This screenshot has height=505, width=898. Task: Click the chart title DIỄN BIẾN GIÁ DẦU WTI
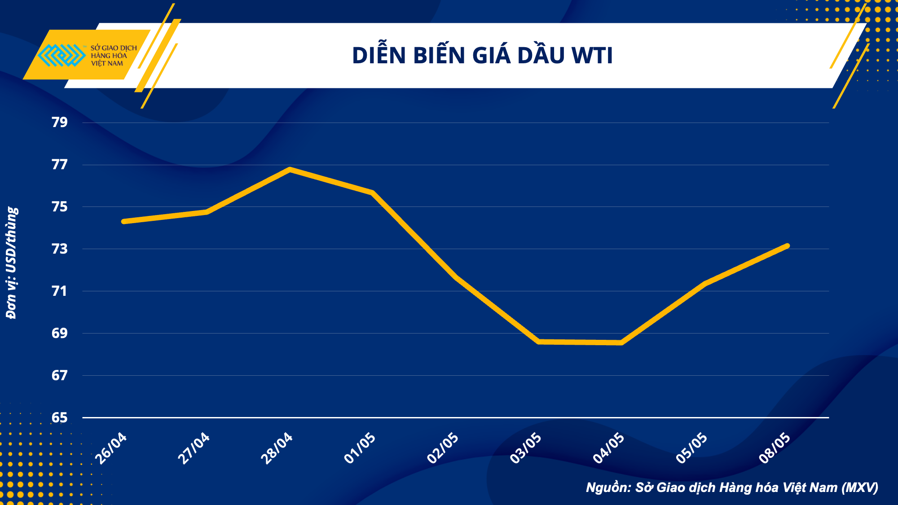tap(482, 56)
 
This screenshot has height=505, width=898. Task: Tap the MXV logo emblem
tap(62, 55)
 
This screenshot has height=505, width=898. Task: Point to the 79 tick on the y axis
tap(59, 122)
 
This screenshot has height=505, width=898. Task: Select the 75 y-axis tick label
tap(59, 206)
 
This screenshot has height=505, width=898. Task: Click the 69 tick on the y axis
tap(59, 333)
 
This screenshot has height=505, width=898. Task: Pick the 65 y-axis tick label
tap(59, 417)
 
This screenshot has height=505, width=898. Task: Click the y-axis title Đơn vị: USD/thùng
tap(12, 263)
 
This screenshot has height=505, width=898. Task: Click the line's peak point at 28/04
tap(290, 169)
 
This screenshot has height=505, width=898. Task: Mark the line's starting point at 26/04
tap(124, 221)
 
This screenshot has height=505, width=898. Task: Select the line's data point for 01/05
tap(373, 193)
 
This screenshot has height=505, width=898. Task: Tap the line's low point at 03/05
tap(539, 342)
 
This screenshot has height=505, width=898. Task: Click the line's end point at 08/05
tap(788, 246)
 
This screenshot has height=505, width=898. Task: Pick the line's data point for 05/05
tap(705, 283)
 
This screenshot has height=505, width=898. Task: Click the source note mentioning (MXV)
tap(732, 487)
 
